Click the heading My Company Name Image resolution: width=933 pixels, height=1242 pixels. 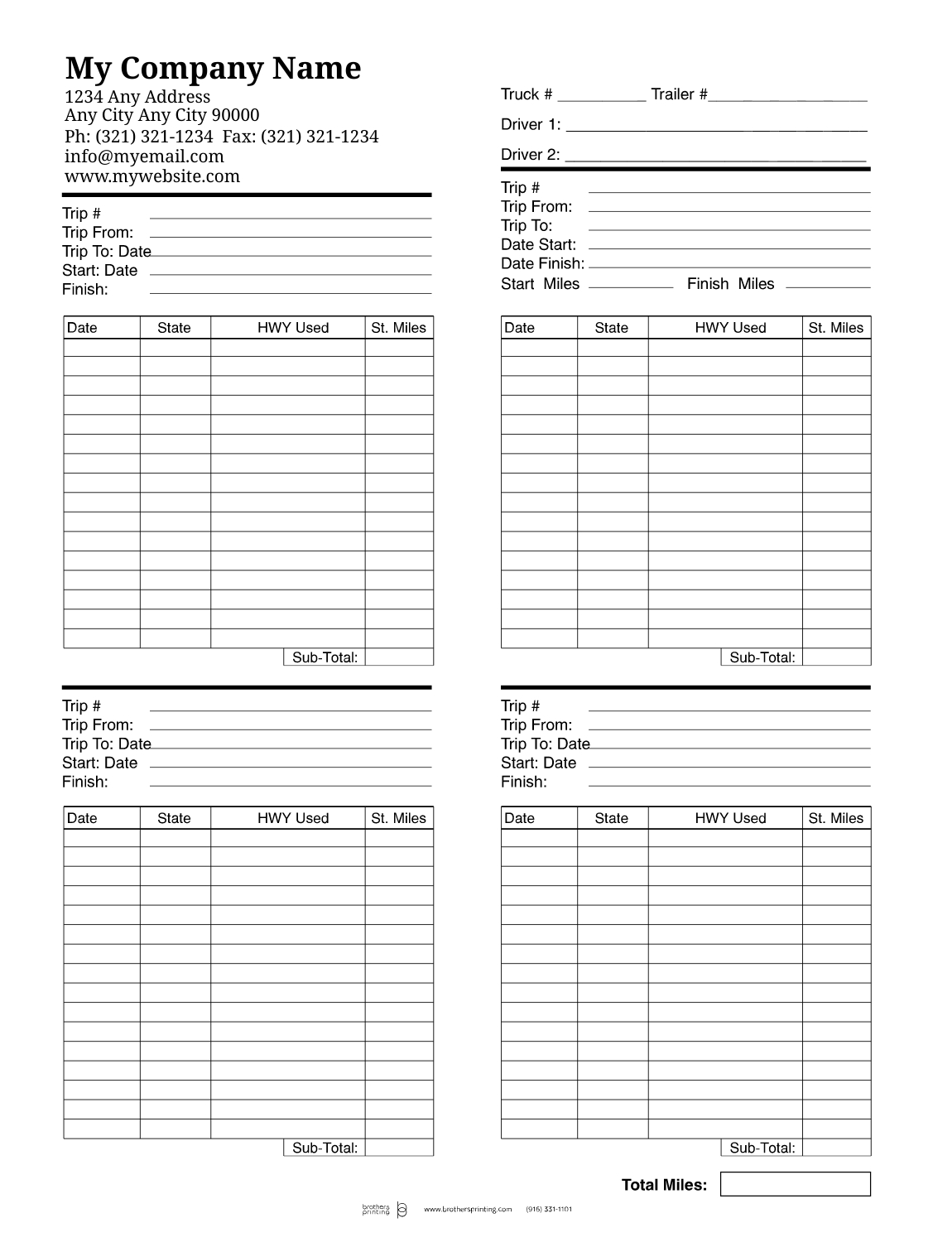pos(213,68)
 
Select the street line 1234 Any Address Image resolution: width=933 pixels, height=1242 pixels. pos(137,97)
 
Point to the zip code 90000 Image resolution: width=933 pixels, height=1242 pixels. pos(235,115)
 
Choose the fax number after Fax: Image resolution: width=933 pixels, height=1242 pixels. pos(320,137)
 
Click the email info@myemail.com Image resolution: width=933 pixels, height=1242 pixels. pos(144,156)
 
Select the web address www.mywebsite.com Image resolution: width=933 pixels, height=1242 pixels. pos(152,176)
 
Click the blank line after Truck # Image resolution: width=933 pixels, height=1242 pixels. pos(601,98)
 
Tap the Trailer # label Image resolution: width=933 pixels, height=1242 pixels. pos(679,94)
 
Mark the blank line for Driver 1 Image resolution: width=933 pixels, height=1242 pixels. pos(716,129)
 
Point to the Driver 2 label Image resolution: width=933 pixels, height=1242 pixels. pos(530,155)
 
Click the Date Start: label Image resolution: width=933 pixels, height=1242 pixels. pos(538,245)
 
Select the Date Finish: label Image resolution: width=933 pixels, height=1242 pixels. pos(542,264)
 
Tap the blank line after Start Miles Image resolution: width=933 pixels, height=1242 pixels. pos(630,286)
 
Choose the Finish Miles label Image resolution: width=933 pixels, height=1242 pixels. pos(730,284)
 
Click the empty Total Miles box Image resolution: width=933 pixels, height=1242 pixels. pos(795,1184)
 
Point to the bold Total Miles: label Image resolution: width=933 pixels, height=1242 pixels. pos(664,1185)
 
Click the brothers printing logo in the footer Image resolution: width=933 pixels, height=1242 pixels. pos(384,1210)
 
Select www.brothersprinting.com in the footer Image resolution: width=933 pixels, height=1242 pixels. pos(468,1210)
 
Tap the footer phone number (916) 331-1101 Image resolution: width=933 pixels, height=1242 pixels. pos(549,1210)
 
